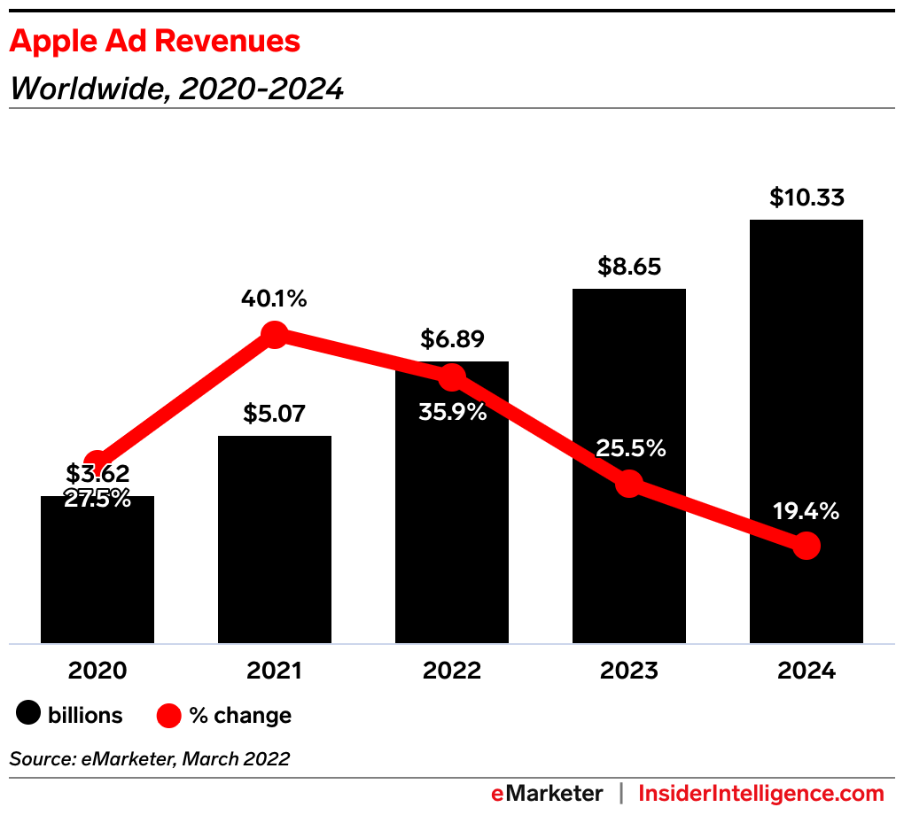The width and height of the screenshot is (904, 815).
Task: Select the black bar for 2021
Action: pos(275,540)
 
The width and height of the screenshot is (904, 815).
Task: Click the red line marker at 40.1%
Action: pos(275,335)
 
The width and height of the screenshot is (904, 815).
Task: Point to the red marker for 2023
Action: pos(629,484)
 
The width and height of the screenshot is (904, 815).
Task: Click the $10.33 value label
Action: pos(806,198)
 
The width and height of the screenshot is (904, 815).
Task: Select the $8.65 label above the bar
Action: pos(628,267)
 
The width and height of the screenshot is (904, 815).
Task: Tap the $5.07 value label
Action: pos(275,414)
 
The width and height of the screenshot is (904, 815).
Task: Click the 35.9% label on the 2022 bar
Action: pos(453,412)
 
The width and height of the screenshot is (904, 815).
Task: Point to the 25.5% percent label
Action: pos(630,448)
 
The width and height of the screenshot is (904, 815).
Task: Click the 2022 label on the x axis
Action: pos(452,671)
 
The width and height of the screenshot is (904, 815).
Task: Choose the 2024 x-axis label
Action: pos(807,671)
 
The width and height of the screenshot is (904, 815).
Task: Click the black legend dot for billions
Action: pos(28,714)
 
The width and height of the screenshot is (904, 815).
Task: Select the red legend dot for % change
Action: pos(169,715)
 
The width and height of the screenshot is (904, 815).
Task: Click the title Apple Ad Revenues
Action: pos(155,42)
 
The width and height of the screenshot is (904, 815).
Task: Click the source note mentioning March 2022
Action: pos(150,758)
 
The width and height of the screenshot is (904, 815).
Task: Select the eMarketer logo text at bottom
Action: pos(547,793)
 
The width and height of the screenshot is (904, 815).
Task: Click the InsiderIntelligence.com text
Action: pos(761,793)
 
